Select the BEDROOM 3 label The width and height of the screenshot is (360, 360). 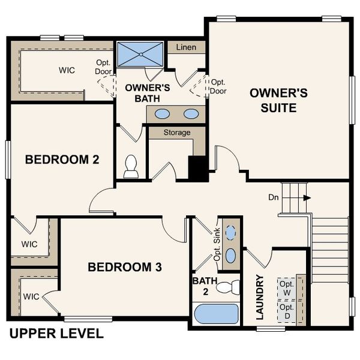point(125,267)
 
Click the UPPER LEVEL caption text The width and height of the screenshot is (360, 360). point(56,334)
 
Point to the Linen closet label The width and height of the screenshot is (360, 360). point(186,47)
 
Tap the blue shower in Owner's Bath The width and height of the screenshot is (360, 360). point(140,54)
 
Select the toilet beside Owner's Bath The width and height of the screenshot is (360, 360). point(131,167)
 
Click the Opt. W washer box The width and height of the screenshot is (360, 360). point(286,287)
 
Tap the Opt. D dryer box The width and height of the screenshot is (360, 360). point(286,311)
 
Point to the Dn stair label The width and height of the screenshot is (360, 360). point(274,197)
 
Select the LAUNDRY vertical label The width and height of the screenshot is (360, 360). point(260,298)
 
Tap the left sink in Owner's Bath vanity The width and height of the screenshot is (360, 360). point(162,113)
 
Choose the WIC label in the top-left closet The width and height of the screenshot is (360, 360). point(67,70)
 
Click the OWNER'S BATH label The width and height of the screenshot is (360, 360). point(148,92)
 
